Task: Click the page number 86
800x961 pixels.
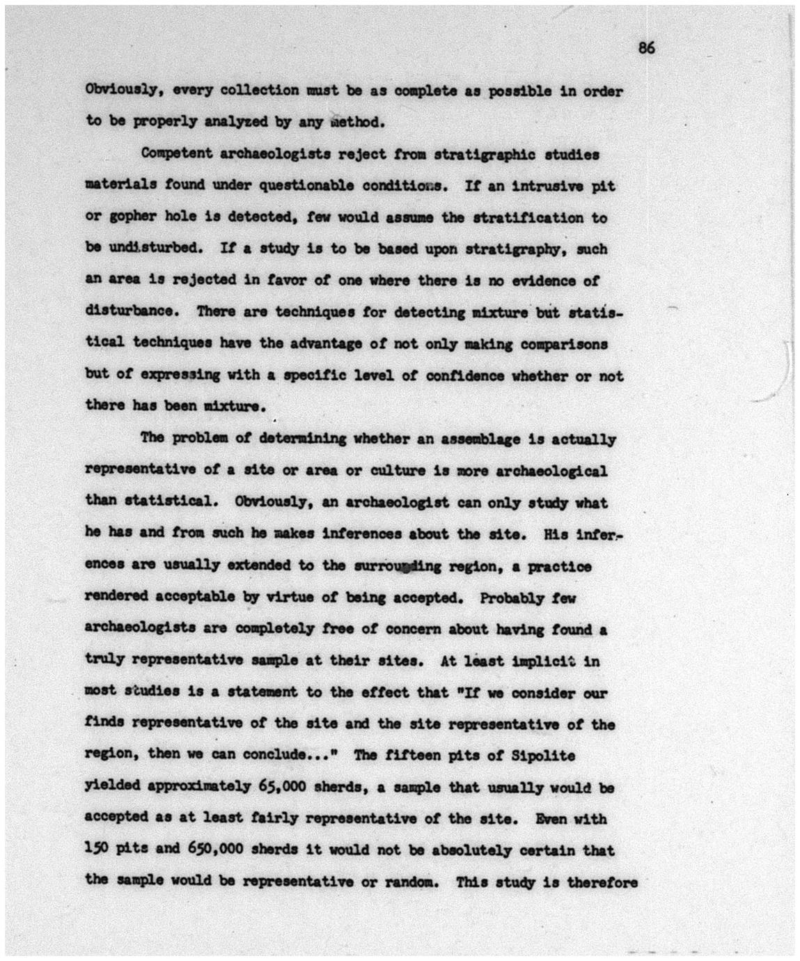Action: tap(646, 48)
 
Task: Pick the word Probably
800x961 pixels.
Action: tap(512, 597)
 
